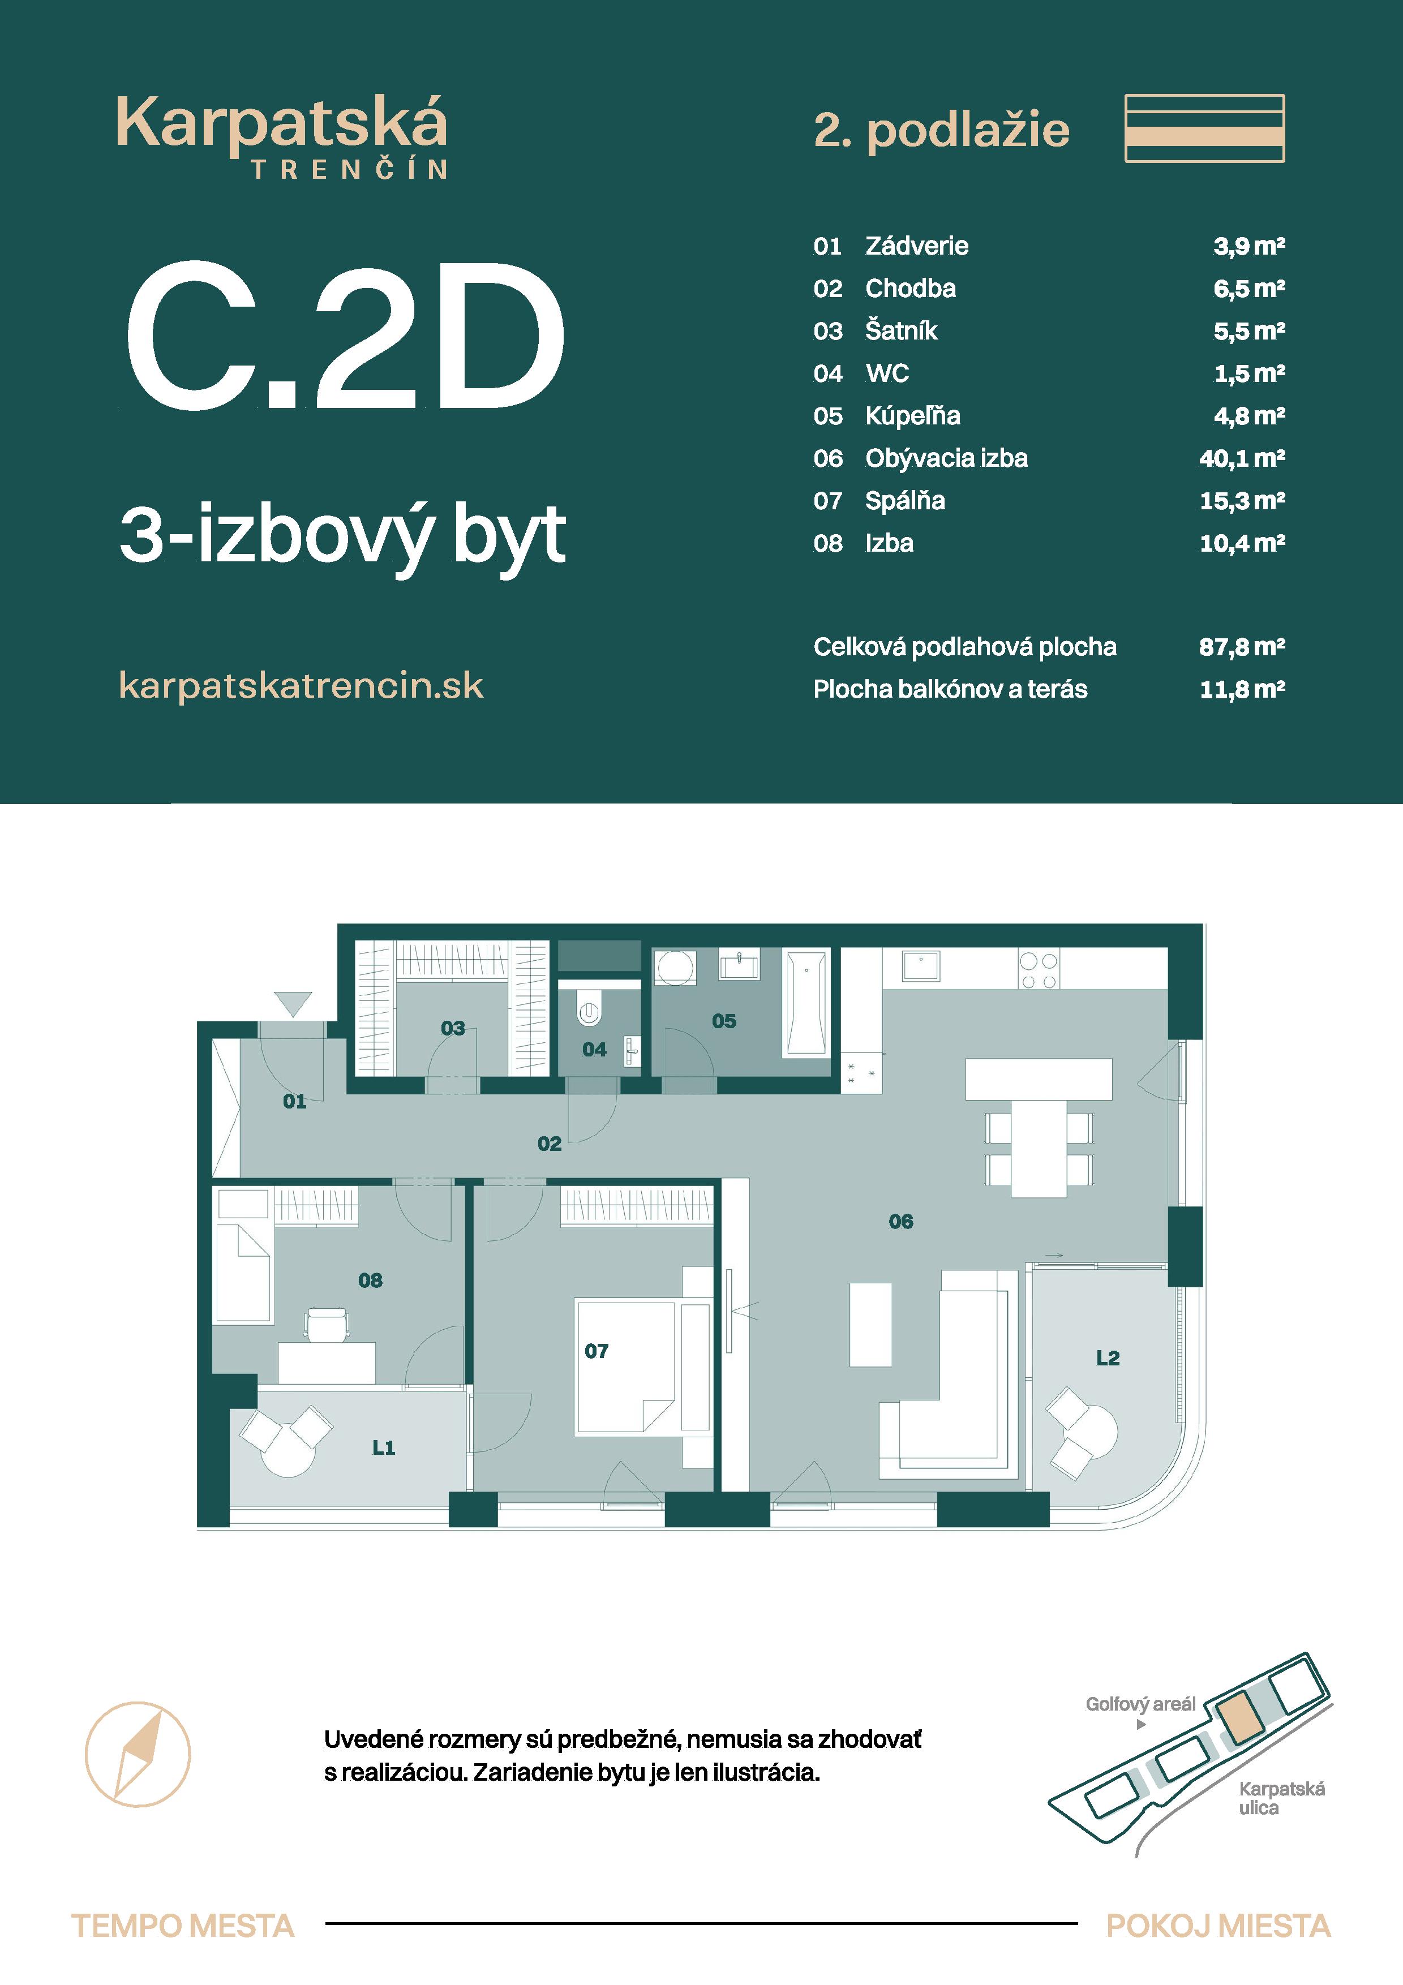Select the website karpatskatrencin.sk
pos(301,686)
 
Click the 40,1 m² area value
pos(1241,458)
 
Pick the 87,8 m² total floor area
pos(1241,647)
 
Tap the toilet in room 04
pos(590,1012)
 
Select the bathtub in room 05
pos(806,1002)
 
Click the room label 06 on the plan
pos(901,1222)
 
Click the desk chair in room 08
pos(328,1324)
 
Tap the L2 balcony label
pos(1108,1358)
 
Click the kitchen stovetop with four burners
pos(1038,970)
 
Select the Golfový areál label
pos(1140,1704)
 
